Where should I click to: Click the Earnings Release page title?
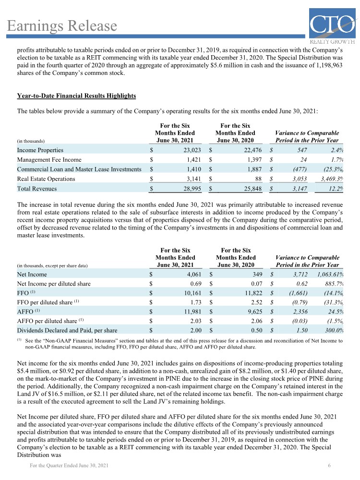point(62,25)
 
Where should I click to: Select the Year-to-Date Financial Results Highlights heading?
point(76,96)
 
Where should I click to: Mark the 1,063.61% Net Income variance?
point(330,274)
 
